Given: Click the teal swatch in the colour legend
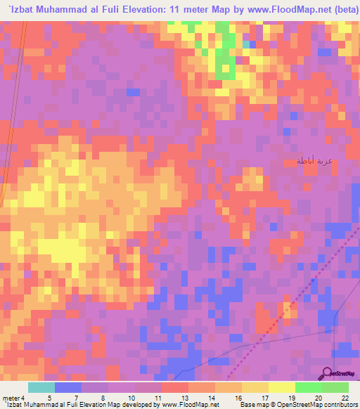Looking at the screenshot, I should pos(41,387).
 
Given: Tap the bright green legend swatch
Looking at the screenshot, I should pos(308,387).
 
